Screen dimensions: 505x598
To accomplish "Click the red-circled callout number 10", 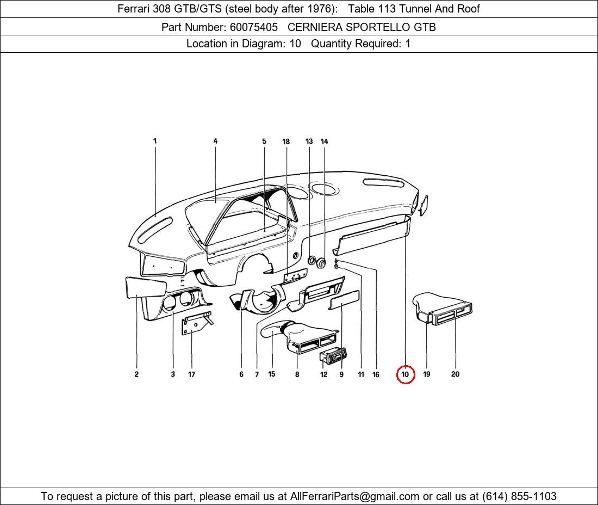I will click(405, 374).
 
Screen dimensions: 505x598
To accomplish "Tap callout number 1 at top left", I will click(155, 141).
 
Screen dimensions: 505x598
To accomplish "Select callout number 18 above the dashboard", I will click(286, 141).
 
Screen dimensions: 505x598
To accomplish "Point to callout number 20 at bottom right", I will click(455, 374).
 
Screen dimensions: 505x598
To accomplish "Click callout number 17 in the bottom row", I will click(191, 374).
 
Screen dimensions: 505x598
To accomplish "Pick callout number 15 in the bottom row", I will click(271, 374).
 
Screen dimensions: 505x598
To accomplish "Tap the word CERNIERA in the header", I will click(313, 27).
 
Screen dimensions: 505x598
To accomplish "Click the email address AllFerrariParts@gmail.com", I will click(355, 496).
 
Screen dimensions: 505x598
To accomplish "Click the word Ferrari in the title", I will click(134, 9).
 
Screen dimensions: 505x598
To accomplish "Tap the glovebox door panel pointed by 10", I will click(372, 236).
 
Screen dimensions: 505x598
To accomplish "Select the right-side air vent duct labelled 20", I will click(451, 313).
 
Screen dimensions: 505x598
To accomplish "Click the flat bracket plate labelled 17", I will click(195, 326).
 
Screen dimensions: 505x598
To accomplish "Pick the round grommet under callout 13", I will click(312, 261).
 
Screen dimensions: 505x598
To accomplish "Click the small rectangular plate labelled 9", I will click(345, 300).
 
